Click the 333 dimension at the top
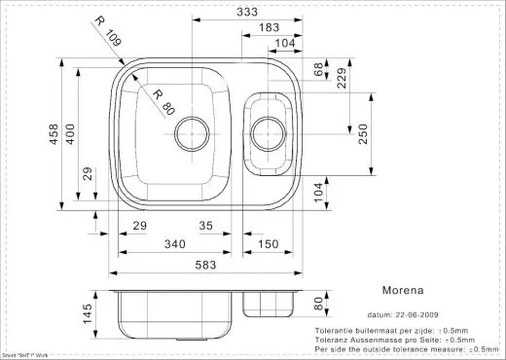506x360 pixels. [x=260, y=12]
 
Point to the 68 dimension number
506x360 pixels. [x=318, y=70]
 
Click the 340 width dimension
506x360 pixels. [x=174, y=243]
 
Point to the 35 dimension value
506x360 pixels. [x=205, y=226]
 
